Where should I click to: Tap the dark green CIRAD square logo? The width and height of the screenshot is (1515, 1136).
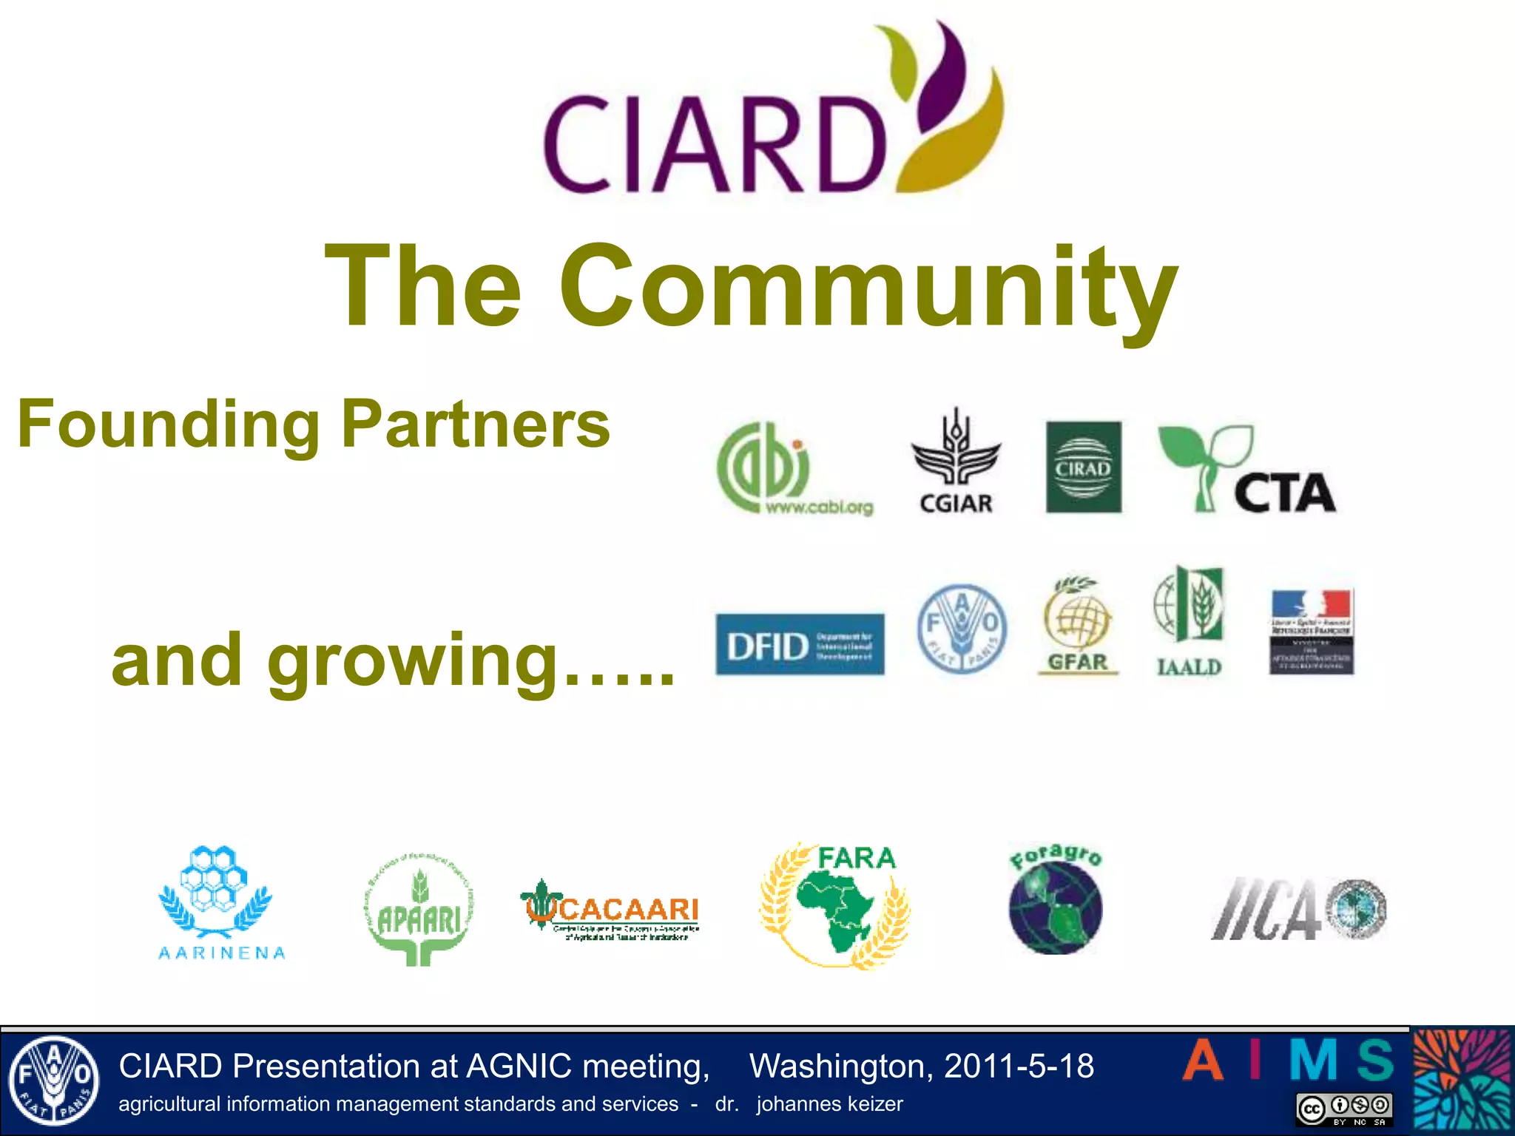(x=1083, y=467)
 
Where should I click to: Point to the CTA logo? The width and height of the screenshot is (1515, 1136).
(x=1247, y=470)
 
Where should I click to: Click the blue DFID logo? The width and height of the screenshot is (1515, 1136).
(x=800, y=644)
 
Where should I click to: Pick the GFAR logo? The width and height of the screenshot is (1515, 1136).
(x=1078, y=626)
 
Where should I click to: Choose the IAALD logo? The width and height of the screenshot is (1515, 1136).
(x=1189, y=621)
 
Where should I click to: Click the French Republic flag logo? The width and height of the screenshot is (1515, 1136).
(x=1312, y=632)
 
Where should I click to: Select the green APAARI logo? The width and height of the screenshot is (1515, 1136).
(x=419, y=910)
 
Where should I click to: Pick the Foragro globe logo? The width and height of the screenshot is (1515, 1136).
(x=1056, y=901)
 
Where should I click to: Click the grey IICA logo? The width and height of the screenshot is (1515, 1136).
(x=1298, y=909)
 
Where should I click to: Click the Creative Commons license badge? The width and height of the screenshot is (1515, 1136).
(x=1344, y=1109)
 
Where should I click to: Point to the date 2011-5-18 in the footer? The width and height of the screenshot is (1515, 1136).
(x=1019, y=1066)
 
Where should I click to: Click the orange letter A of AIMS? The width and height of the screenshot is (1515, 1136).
(x=1203, y=1061)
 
